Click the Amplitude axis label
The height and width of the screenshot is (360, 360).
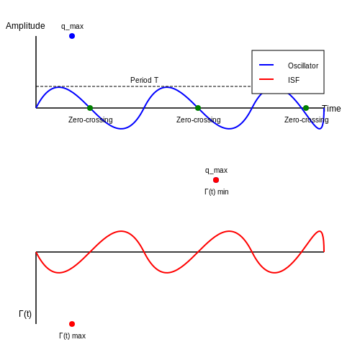pyautogui.click(x=25, y=26)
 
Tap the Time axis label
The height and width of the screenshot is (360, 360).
pyautogui.click(x=331, y=109)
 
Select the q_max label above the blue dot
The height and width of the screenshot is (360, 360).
pyautogui.click(x=72, y=27)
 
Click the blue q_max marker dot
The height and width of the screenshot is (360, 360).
pyautogui.click(x=72, y=36)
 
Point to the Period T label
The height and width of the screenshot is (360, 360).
pyautogui.click(x=144, y=80)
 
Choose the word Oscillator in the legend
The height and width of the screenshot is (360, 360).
pyautogui.click(x=303, y=66)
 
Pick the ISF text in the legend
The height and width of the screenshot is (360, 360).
pyautogui.click(x=294, y=80)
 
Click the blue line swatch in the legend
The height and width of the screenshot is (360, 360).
pyautogui.click(x=266, y=65)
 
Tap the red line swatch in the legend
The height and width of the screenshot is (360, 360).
pyautogui.click(x=266, y=79)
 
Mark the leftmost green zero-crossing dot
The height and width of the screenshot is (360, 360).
pyautogui.click(x=90, y=108)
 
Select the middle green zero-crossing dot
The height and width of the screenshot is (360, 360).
pyautogui.click(x=198, y=108)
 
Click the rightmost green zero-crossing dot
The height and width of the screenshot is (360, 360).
pyautogui.click(x=306, y=108)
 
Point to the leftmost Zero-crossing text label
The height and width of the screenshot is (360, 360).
pyautogui.click(x=91, y=120)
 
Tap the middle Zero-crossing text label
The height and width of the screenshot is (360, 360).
pyautogui.click(x=199, y=120)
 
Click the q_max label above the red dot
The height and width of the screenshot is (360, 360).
pyautogui.click(x=216, y=171)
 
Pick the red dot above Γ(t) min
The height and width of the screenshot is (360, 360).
pyautogui.click(x=216, y=180)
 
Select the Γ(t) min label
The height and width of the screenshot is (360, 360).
pyautogui.click(x=217, y=192)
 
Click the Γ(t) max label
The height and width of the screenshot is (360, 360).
pyautogui.click(x=72, y=336)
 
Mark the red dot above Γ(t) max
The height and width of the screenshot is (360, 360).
pyautogui.click(x=72, y=324)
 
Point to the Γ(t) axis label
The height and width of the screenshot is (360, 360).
pyautogui.click(x=25, y=314)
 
